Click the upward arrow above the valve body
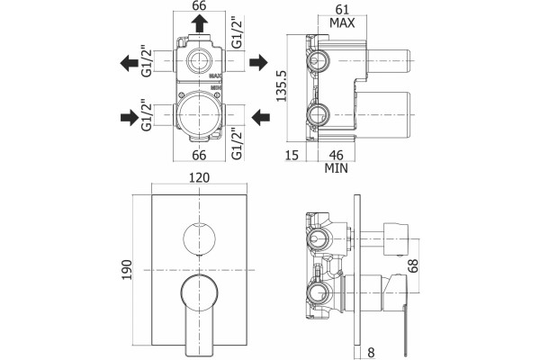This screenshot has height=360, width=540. [x=200, y=24]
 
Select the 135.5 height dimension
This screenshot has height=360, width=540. [x=282, y=85]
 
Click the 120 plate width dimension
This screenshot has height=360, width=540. [x=199, y=178]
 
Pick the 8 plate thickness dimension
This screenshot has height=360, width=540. [x=371, y=353]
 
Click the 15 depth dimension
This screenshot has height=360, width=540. [x=292, y=155]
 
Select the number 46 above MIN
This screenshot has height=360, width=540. [x=337, y=155]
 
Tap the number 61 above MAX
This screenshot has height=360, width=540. [x=342, y=9]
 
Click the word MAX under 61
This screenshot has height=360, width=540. [x=342, y=23]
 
